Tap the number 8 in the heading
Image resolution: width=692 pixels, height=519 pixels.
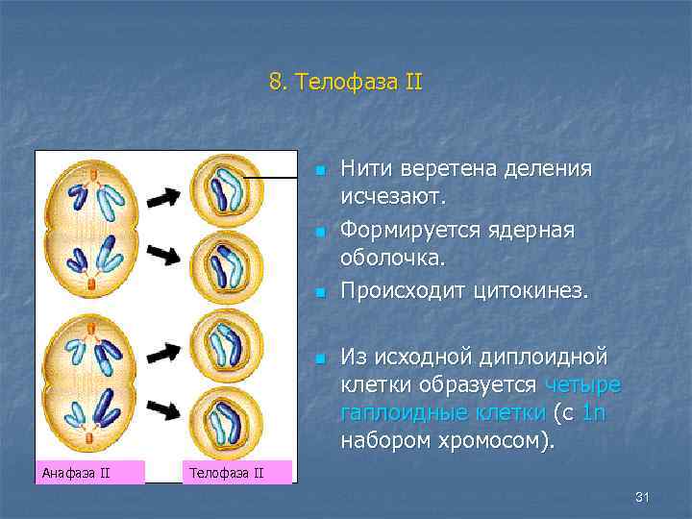pyautogui.click(x=276, y=83)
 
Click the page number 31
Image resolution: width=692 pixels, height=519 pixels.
pyautogui.click(x=643, y=496)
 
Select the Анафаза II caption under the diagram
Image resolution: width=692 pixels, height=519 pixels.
pyautogui.click(x=77, y=471)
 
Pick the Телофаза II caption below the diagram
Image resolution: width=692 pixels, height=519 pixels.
pyautogui.click(x=227, y=471)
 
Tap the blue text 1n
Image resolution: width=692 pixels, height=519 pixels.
pyautogui.click(x=593, y=413)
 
